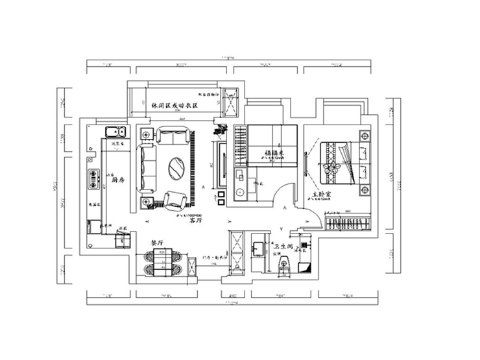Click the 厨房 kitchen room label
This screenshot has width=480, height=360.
tap(117, 182)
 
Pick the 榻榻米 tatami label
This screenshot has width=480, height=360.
tap(274, 154)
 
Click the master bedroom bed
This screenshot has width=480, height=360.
tap(342, 163)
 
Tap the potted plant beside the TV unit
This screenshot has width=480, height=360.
tap(218, 132)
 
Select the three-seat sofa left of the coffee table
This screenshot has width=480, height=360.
tap(146, 167)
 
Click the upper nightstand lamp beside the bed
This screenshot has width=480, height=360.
tap(364, 136)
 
